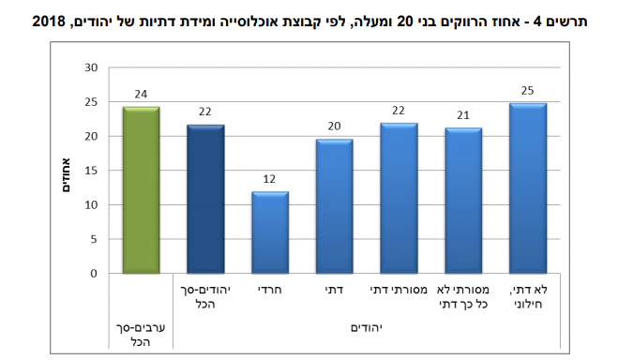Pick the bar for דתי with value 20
tap(334, 206)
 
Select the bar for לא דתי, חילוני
tap(527, 188)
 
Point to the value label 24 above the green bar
tap(141, 95)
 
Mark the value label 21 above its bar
tap(462, 115)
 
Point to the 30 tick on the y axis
tap(91, 67)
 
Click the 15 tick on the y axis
tap(91, 171)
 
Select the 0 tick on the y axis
tap(94, 274)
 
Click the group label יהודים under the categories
tap(367, 327)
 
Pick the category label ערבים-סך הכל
tap(141, 333)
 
